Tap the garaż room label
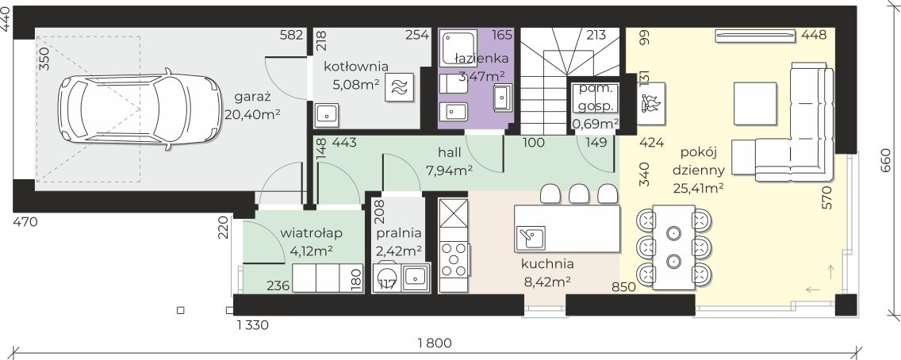point(253,96)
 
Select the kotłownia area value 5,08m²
point(355,84)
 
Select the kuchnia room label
point(547,264)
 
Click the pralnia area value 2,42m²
point(399,251)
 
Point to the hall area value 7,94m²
point(449,170)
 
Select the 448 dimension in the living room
point(814,35)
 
